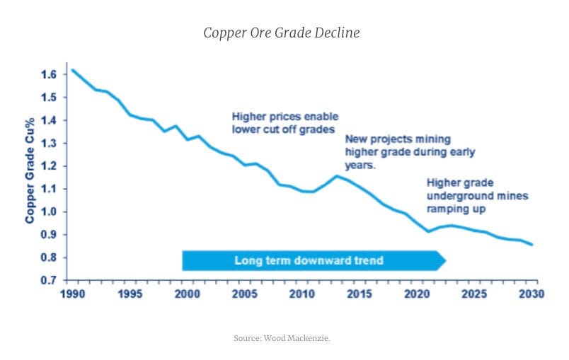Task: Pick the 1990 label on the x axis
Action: pyautogui.click(x=72, y=294)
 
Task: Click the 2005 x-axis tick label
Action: pyautogui.click(x=245, y=294)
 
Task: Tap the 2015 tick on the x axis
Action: pyautogui.click(x=360, y=294)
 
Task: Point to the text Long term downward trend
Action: pyautogui.click(x=309, y=260)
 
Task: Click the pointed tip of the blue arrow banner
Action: pyautogui.click(x=445, y=260)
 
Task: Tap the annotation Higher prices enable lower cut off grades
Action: pyautogui.click(x=285, y=122)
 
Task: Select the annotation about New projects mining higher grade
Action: pyautogui.click(x=409, y=151)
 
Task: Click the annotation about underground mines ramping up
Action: pyautogui.click(x=477, y=195)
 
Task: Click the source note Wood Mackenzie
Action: pyautogui.click(x=282, y=338)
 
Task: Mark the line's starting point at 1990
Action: pyautogui.click(x=72, y=70)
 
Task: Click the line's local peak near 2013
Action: pyautogui.click(x=337, y=175)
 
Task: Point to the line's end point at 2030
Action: pyautogui.click(x=532, y=245)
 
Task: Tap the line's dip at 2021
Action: pyautogui.click(x=429, y=231)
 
